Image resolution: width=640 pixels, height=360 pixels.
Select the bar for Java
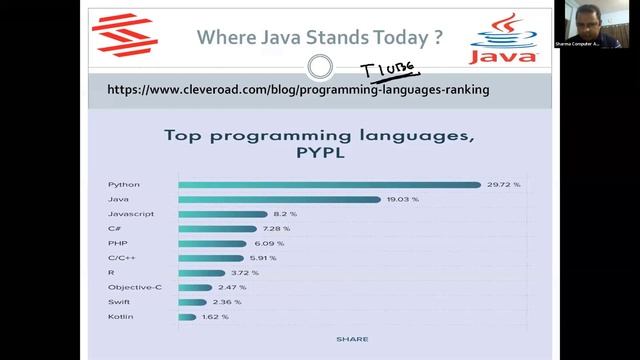pos(281,200)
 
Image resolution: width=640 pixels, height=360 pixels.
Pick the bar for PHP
pos(210,243)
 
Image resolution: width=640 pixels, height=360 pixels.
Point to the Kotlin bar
pos(187,317)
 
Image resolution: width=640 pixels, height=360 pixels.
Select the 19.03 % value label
pos(404,200)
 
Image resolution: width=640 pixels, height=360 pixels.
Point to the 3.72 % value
pos(245,272)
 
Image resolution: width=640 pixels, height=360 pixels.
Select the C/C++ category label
pos(121,258)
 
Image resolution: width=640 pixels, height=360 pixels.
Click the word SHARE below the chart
pos(353,339)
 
